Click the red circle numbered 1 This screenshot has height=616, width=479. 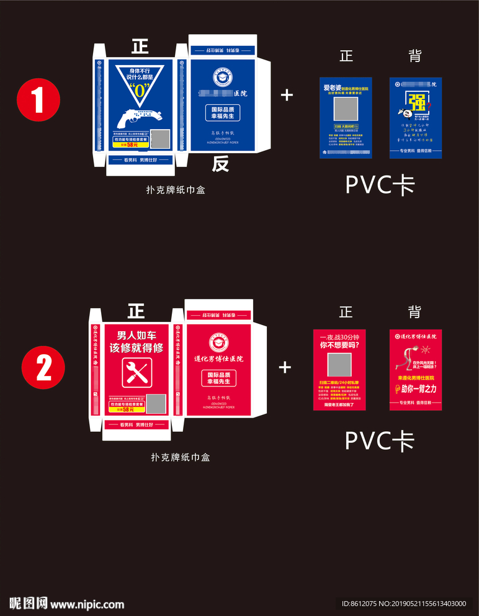click(x=38, y=99)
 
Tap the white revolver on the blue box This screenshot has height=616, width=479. click(x=139, y=117)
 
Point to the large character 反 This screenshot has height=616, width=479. click(x=220, y=164)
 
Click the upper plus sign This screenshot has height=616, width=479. click(x=287, y=95)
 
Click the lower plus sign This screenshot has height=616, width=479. click(x=285, y=367)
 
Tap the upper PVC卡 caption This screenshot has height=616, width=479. click(x=380, y=184)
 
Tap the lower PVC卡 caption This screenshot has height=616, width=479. click(x=379, y=440)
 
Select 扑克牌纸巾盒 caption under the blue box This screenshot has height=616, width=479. click(x=175, y=190)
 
